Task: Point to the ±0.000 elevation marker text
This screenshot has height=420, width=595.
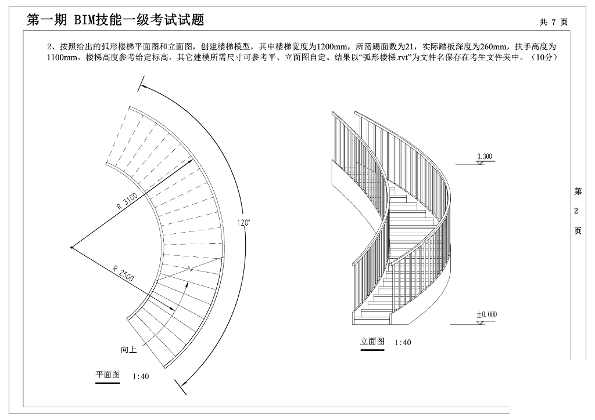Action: coord(486,314)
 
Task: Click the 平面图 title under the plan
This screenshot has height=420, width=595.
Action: coord(107,375)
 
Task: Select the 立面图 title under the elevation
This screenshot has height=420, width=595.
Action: coord(372,341)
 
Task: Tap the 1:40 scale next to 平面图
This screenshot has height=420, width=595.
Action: coord(141,376)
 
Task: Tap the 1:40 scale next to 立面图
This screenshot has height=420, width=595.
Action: coord(402,343)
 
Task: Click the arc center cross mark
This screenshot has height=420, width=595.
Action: coord(71,248)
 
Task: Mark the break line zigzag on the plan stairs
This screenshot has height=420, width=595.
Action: coord(190,268)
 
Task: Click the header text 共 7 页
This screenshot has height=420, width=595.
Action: coord(553,22)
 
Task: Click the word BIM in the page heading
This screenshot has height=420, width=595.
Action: coord(87,20)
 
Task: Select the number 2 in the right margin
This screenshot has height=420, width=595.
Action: coord(576,211)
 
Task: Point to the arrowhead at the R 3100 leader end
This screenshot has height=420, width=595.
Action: coord(191,163)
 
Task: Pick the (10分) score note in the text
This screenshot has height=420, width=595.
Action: coord(545,57)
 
